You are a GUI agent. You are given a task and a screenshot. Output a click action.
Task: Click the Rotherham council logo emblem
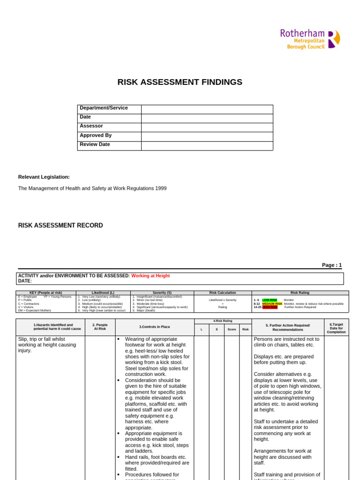pyautogui.click(x=334, y=39)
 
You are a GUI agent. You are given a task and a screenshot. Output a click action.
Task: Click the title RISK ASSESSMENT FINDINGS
pyautogui.click(x=180, y=82)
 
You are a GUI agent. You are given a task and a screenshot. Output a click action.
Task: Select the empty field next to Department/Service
pyautogui.click(x=207, y=109)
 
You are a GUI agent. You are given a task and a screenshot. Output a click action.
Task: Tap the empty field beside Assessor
pyautogui.click(x=207, y=127)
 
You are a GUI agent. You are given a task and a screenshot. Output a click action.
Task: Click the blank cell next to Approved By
pyautogui.click(x=207, y=136)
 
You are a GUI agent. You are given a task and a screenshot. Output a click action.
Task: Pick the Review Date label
pyautogui.click(x=95, y=144)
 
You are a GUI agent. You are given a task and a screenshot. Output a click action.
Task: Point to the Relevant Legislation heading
pyautogui.click(x=44, y=177)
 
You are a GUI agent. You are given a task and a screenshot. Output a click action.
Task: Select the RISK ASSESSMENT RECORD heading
pyautogui.click(x=60, y=225)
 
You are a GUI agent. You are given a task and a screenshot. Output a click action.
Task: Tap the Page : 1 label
pyautogui.click(x=331, y=265)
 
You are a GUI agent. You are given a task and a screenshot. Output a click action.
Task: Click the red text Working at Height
pyautogui.click(x=150, y=276)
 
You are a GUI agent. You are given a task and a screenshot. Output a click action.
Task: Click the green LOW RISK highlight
pyautogui.click(x=270, y=300)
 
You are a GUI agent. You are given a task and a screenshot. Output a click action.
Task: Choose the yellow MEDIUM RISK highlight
pyautogui.click(x=272, y=304)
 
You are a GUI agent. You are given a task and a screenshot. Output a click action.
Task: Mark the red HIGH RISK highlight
pyautogui.click(x=270, y=307)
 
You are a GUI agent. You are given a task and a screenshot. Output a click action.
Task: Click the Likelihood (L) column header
pyautogui.click(x=103, y=292)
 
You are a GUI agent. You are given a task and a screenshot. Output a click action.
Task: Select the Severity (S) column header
pyautogui.click(x=162, y=292)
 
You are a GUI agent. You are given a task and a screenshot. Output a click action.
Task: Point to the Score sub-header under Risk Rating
pyautogui.click(x=232, y=330)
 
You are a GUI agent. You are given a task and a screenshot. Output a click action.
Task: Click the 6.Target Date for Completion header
pyautogui.click(x=336, y=327)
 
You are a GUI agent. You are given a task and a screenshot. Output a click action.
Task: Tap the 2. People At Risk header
pyautogui.click(x=100, y=327)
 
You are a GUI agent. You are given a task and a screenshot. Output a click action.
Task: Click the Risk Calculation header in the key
pyautogui.click(x=223, y=292)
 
